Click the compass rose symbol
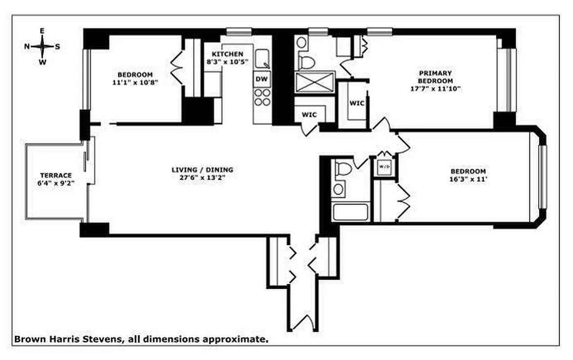[x=42, y=46]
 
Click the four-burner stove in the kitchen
[x=262, y=97]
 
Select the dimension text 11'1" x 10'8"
[x=135, y=82]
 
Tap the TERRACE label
[x=56, y=175]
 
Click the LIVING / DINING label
[x=202, y=170]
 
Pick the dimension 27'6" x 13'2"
[x=202, y=177]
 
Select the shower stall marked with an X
[x=316, y=82]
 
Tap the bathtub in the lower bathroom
[x=351, y=212]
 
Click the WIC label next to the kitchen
[x=309, y=115]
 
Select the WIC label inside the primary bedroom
[x=357, y=103]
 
